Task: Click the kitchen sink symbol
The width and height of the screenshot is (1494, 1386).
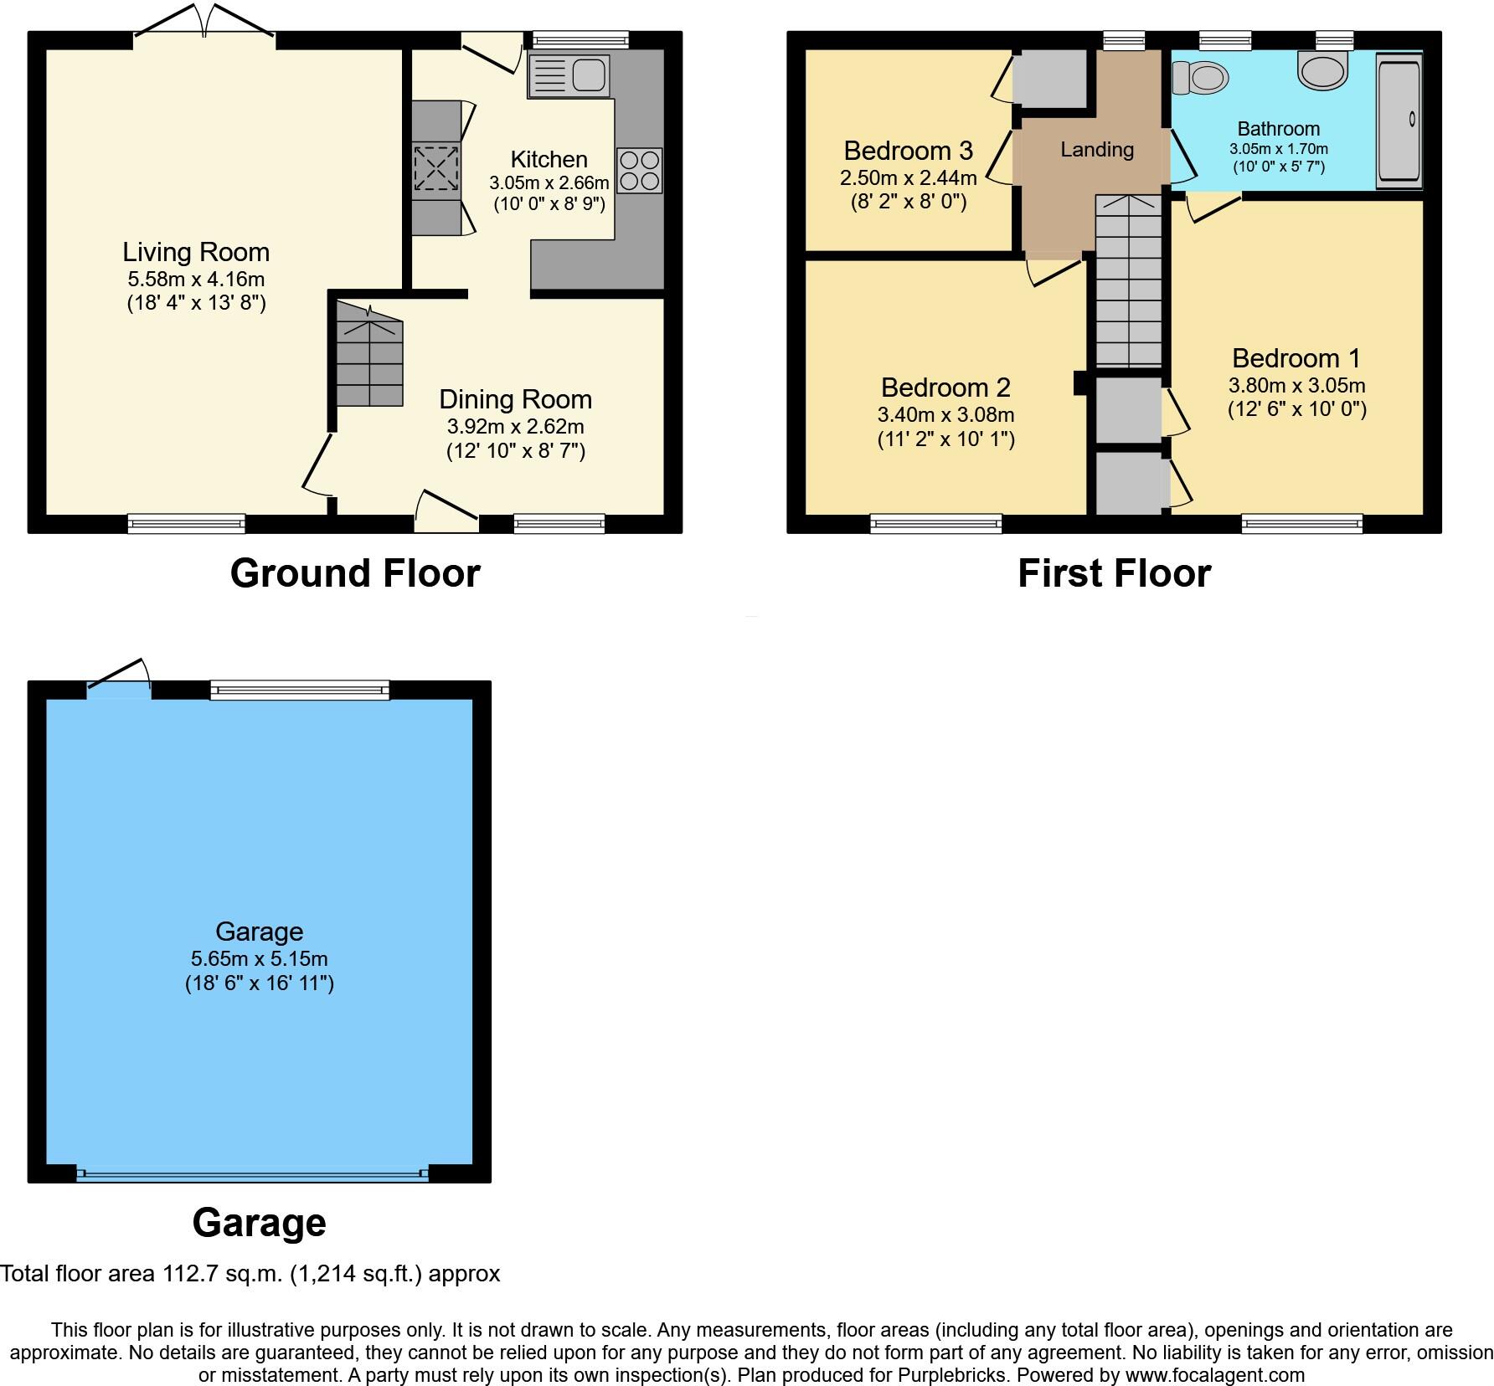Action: pos(569,75)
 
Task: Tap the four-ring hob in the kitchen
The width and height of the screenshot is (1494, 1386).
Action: pos(639,171)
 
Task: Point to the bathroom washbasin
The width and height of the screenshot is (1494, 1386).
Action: pos(1323,70)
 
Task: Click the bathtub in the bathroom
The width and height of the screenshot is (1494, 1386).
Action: pos(1399,119)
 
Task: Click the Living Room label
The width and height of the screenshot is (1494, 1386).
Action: pos(196,252)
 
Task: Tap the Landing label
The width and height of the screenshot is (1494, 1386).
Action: pos(1096,150)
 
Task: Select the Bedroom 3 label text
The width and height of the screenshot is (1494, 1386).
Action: pos(908,151)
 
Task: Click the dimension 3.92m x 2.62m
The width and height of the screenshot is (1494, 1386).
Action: pos(515,426)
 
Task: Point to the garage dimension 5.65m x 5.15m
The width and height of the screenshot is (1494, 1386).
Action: pos(259,958)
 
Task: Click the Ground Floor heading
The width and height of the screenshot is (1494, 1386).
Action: pos(355,573)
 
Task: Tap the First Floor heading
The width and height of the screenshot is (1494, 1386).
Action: pos(1114,573)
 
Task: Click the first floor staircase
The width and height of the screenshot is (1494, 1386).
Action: pos(1129,280)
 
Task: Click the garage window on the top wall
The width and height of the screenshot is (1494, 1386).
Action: pos(300,690)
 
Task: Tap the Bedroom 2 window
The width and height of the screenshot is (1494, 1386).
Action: pos(935,524)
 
